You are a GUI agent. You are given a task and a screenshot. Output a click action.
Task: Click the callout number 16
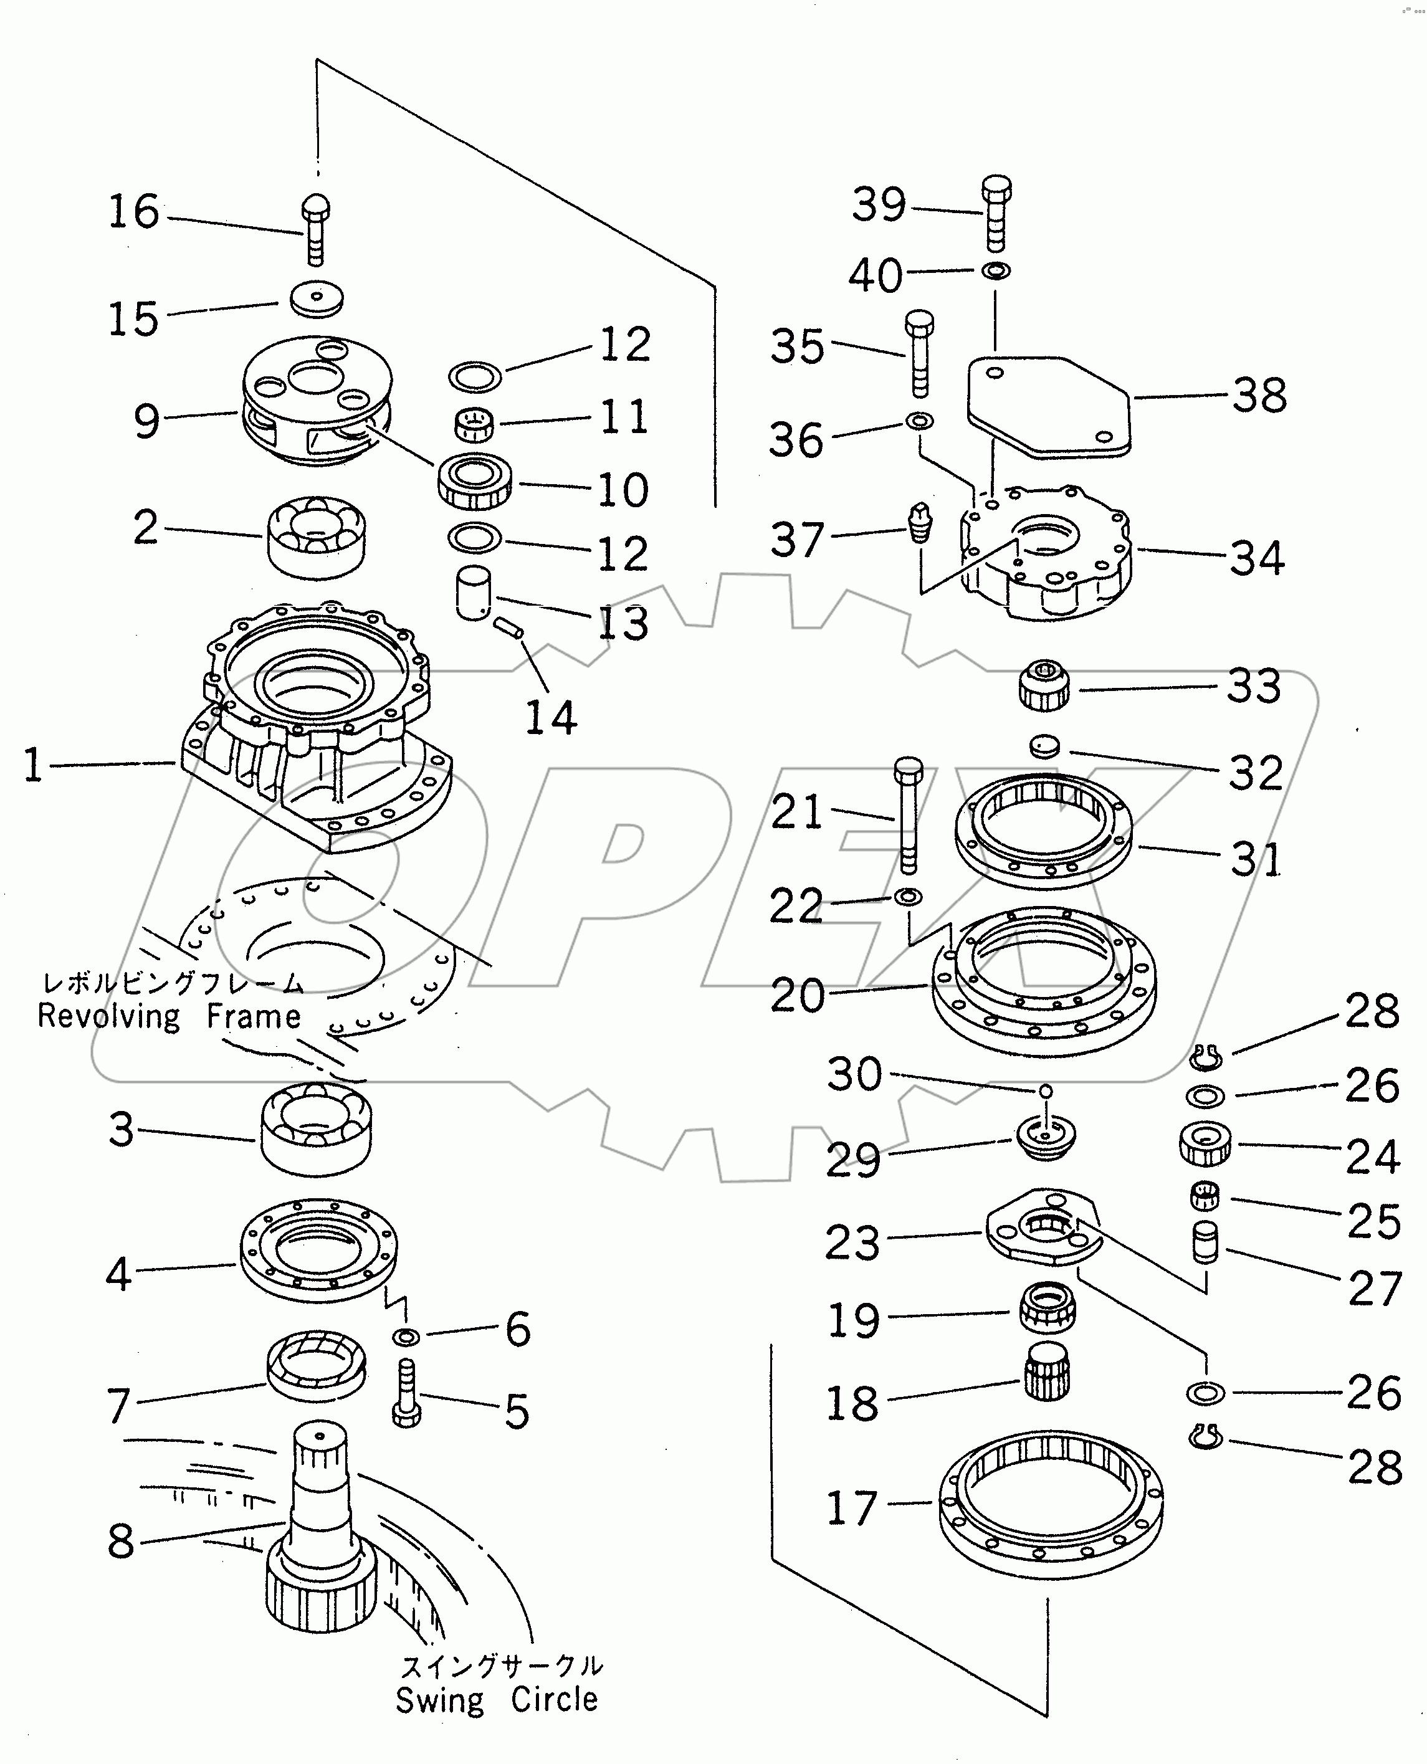click(x=133, y=212)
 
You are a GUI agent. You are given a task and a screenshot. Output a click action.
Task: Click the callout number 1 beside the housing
click(x=33, y=765)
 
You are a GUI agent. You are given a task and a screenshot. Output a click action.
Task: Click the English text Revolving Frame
click(x=169, y=1017)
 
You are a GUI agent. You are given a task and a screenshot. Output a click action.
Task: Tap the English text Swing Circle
click(x=497, y=1700)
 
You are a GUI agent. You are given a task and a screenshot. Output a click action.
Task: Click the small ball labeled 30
click(x=1045, y=1091)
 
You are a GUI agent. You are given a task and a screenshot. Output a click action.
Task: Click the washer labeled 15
click(x=317, y=298)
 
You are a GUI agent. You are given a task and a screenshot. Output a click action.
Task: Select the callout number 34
click(x=1257, y=559)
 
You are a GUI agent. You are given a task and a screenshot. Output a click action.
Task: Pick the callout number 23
click(x=852, y=1243)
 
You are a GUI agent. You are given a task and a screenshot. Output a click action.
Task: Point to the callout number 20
click(x=796, y=996)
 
